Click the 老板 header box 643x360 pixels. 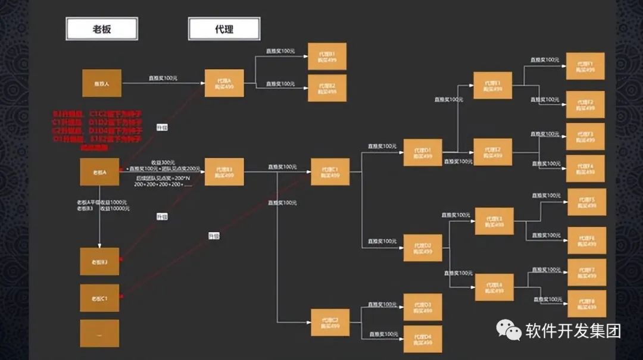(x=102, y=29)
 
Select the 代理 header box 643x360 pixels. (x=224, y=29)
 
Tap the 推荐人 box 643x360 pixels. (x=101, y=83)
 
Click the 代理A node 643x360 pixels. (x=224, y=83)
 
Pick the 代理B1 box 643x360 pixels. (x=327, y=57)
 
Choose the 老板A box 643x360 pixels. (x=99, y=172)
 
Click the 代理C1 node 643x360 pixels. (x=330, y=172)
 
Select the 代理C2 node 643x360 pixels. (x=330, y=323)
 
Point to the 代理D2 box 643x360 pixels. (x=423, y=248)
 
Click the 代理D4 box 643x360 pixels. (x=423, y=340)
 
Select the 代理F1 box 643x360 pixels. (x=586, y=66)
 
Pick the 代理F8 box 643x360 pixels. (x=586, y=303)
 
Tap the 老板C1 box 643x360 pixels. (x=99, y=298)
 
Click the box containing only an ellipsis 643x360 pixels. (x=99, y=333)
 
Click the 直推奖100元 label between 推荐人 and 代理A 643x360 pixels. (x=162, y=78)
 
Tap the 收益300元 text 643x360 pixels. (x=163, y=162)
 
